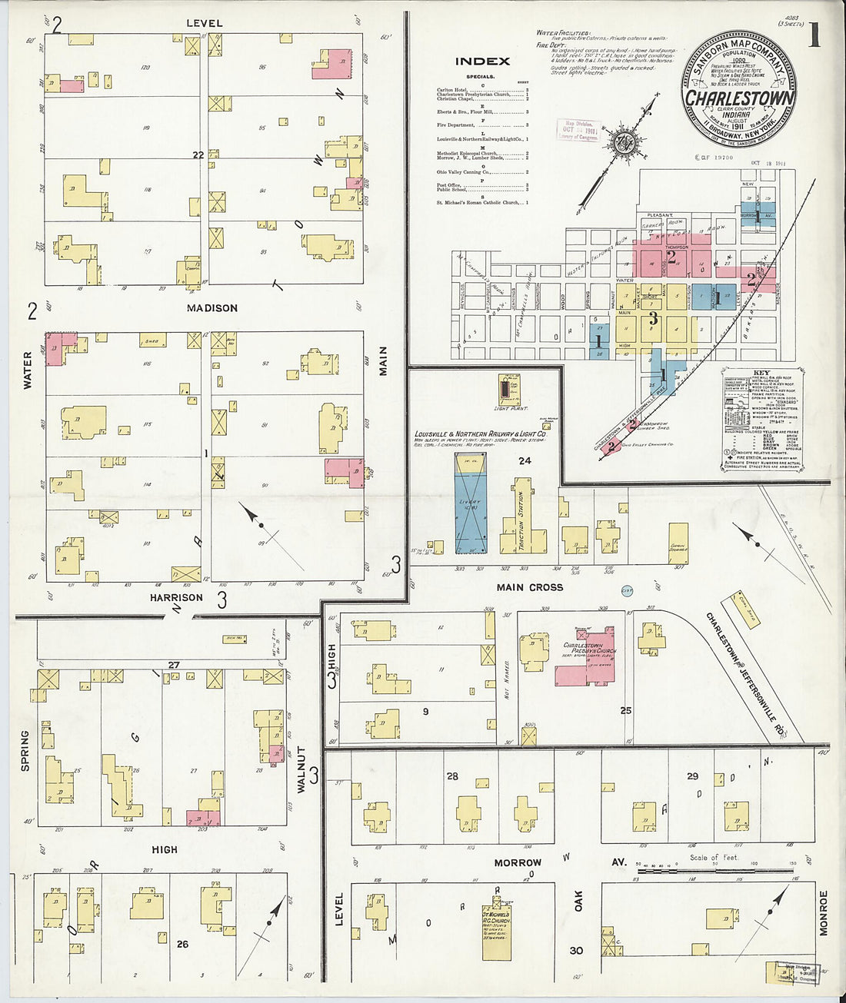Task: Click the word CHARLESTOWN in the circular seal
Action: click(x=739, y=98)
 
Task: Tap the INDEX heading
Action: click(x=482, y=61)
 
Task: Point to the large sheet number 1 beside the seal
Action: click(x=813, y=36)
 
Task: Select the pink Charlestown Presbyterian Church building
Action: click(x=588, y=657)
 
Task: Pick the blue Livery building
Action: click(x=470, y=504)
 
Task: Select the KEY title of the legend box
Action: click(x=761, y=372)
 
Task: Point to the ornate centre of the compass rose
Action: click(x=620, y=142)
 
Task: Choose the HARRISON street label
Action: click(x=176, y=597)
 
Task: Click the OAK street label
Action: click(x=578, y=901)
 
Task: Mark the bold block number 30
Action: click(x=576, y=951)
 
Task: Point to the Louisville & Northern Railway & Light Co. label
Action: click(x=479, y=434)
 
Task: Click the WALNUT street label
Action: click(x=301, y=769)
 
